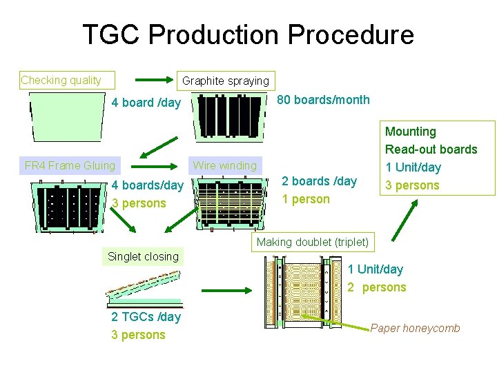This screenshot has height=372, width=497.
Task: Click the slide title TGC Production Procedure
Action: pyautogui.click(x=248, y=34)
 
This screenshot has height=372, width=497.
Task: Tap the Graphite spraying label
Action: pyautogui.click(x=225, y=81)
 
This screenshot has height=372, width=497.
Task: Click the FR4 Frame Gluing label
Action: pyautogui.click(x=70, y=165)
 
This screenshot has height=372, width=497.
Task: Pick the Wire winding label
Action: pyautogui.click(x=224, y=165)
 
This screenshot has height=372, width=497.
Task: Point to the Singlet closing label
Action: pyautogui.click(x=143, y=256)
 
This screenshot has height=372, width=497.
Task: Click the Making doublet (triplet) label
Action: pyautogui.click(x=313, y=242)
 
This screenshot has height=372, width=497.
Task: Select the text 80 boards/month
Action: pyautogui.click(x=323, y=100)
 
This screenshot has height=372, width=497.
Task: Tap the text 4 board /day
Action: pyautogui.click(x=146, y=103)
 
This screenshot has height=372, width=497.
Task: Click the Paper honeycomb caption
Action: pyautogui.click(x=415, y=329)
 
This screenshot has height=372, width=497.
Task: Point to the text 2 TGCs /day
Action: pyautogui.click(x=146, y=317)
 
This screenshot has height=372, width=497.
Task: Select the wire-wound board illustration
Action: pyautogui.click(x=229, y=203)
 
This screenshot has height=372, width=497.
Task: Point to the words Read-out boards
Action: pyautogui.click(x=431, y=149)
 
